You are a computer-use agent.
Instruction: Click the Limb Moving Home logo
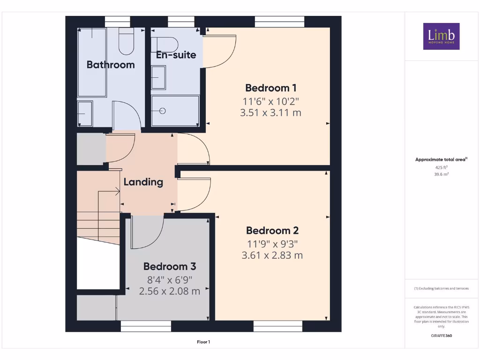coord(441,36)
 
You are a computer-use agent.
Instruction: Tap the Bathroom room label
coord(111,65)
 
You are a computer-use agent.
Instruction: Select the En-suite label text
coord(176,55)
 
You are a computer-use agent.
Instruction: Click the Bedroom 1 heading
coord(270,88)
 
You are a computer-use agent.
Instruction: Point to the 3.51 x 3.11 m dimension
coord(270,112)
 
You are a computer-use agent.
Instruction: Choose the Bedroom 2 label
coord(272,231)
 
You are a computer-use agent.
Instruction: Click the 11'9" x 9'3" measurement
coord(272,243)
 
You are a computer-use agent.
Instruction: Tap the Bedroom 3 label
coord(170,266)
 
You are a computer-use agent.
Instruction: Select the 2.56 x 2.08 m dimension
coord(170,291)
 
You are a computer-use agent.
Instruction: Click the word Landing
coord(143,182)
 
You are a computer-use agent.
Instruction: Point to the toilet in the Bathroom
coord(126,41)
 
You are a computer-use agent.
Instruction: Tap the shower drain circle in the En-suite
coord(163,111)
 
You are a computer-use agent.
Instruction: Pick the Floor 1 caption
coord(203,342)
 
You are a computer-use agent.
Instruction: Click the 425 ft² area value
coord(441,167)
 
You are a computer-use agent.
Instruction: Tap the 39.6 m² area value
coord(441,174)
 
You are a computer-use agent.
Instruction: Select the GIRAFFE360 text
coord(441,336)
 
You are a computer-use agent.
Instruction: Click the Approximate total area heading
coord(441,160)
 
